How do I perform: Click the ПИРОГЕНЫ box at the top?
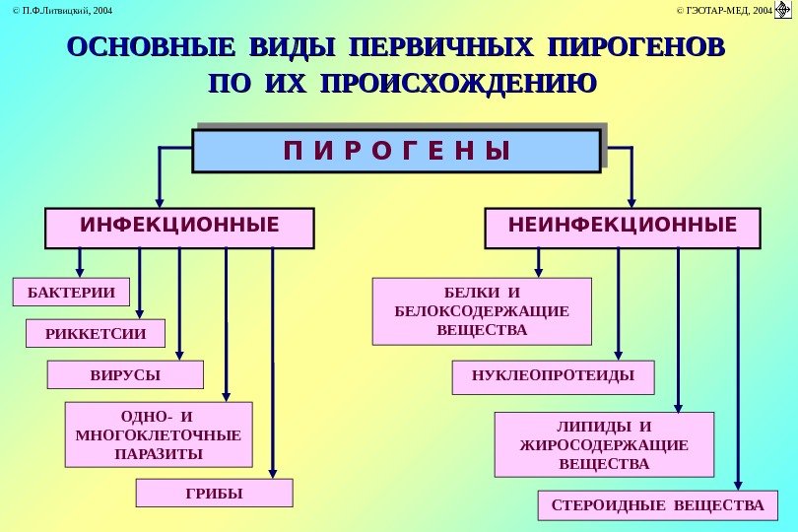pyautogui.click(x=396, y=151)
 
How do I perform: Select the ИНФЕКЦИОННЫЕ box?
pyautogui.click(x=179, y=228)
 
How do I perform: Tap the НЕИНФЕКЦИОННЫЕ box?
pyautogui.click(x=623, y=228)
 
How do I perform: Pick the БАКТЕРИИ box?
pyautogui.click(x=71, y=293)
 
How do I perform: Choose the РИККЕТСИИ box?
pyautogui.click(x=96, y=333)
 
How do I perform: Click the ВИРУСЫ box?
pyautogui.click(x=125, y=375)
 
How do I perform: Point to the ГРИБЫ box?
pyautogui.click(x=214, y=493)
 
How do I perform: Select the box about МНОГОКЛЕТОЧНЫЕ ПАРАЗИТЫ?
pyautogui.click(x=158, y=434)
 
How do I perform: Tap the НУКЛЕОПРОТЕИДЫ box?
pyautogui.click(x=543, y=376)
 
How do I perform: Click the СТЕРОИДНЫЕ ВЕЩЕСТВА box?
pyautogui.click(x=658, y=505)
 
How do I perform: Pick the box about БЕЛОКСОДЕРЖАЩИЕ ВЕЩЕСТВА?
pyautogui.click(x=482, y=311)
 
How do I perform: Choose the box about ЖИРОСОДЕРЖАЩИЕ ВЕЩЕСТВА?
pyautogui.click(x=604, y=445)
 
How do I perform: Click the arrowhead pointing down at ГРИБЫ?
pyautogui.click(x=273, y=473)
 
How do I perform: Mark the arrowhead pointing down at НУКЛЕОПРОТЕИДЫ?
pyautogui.click(x=618, y=354)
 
